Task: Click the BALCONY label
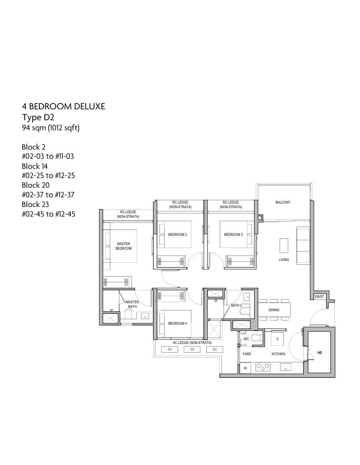283,202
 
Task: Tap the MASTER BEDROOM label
123,246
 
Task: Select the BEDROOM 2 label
177,235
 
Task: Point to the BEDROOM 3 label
234,235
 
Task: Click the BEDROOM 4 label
177,323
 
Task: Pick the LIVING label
283,260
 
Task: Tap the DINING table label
274,310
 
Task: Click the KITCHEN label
278,354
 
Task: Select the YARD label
247,354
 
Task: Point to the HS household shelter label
319,353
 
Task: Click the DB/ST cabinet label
319,297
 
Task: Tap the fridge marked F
278,339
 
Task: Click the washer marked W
245,368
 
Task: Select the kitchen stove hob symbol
263,367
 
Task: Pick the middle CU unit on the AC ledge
192,349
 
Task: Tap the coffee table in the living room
284,245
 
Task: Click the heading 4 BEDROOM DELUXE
63,106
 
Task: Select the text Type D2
38,117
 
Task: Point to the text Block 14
35,166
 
